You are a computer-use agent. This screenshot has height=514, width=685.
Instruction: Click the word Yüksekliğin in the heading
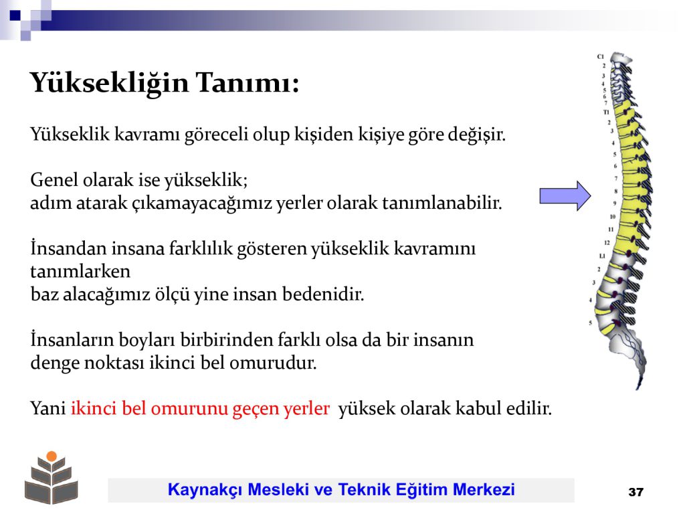109,83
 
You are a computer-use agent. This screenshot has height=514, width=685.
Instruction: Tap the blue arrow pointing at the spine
565,196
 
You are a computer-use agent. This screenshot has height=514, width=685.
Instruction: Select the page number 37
635,492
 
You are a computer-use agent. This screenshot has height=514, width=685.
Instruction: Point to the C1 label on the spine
601,57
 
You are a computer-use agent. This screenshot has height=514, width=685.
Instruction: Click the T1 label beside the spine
606,112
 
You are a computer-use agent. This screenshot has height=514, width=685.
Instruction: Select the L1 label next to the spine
602,256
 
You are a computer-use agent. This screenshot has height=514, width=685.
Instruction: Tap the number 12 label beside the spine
607,242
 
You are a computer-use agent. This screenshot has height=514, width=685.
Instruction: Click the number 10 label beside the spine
613,217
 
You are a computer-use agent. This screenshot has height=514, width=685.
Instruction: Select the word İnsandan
68,248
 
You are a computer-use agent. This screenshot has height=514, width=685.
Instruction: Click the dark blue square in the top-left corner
15,15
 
